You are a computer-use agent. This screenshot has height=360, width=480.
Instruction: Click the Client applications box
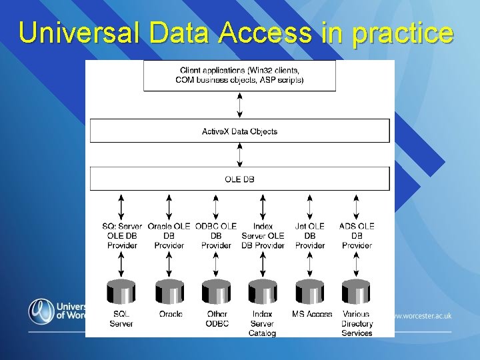[x=239, y=75]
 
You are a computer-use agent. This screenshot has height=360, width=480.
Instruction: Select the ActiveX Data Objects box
[x=239, y=131]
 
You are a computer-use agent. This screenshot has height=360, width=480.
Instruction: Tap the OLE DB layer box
[x=239, y=179]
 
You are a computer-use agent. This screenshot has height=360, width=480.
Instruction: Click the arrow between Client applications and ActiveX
[x=239, y=105]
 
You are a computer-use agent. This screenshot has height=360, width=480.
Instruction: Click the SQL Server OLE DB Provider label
[x=122, y=236]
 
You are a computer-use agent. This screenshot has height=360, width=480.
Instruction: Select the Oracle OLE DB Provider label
[x=169, y=236]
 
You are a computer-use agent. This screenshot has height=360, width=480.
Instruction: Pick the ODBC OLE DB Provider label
[x=216, y=236]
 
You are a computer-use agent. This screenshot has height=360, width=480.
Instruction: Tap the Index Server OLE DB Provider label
[x=263, y=236]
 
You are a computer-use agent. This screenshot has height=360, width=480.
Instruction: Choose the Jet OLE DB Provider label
[x=310, y=236]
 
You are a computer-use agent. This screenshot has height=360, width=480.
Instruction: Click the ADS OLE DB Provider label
[x=357, y=236]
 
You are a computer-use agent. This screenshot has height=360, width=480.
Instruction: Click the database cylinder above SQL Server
[x=121, y=292]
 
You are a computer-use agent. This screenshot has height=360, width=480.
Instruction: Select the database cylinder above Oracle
[x=169, y=292]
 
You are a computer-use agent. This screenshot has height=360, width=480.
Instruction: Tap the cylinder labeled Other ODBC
[x=216, y=292]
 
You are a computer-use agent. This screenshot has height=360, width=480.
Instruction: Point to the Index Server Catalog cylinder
[x=263, y=292]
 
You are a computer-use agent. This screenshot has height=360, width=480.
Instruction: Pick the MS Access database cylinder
[x=310, y=292]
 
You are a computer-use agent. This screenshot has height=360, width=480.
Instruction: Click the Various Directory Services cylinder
[x=356, y=292]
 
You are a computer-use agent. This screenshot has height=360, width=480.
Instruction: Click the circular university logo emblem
[x=41, y=311]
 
